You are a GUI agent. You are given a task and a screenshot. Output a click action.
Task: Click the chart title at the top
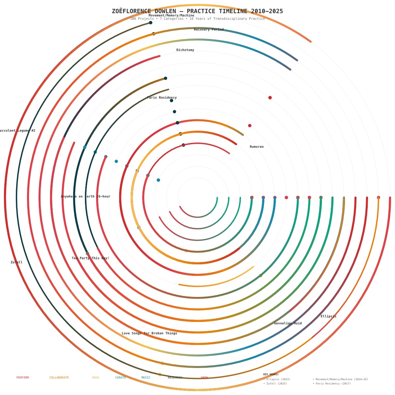point(197,11)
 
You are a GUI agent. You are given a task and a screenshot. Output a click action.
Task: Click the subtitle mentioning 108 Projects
point(197,19)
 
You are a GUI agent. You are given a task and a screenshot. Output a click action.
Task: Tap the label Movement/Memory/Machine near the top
point(171,15)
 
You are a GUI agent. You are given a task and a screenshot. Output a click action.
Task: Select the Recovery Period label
point(209,30)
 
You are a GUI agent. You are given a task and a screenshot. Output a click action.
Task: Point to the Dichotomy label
point(185,50)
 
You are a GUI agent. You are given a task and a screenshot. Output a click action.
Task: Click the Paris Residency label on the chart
point(162,97)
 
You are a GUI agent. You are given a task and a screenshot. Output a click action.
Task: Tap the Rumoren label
point(257,147)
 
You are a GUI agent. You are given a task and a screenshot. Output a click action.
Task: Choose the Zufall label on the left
point(16,262)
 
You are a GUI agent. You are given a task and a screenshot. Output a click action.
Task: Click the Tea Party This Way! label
point(91,258)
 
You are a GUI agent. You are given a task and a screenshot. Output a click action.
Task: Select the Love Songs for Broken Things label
point(149,333)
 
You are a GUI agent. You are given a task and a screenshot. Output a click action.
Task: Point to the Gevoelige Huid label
point(288,323)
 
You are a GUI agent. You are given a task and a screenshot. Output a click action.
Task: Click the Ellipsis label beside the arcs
point(329,316)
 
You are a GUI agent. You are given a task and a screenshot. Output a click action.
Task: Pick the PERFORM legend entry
point(23,378)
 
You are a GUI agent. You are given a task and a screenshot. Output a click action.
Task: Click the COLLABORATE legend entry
point(59,378)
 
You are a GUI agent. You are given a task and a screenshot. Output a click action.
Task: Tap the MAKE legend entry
point(95,378)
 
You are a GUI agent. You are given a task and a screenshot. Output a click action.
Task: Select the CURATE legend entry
point(120,378)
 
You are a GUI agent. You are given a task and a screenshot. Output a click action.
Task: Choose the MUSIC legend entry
point(146,378)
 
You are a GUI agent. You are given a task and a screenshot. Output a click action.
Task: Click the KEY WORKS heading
point(271,374)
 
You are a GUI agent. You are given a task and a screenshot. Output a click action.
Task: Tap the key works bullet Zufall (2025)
point(276,383)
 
